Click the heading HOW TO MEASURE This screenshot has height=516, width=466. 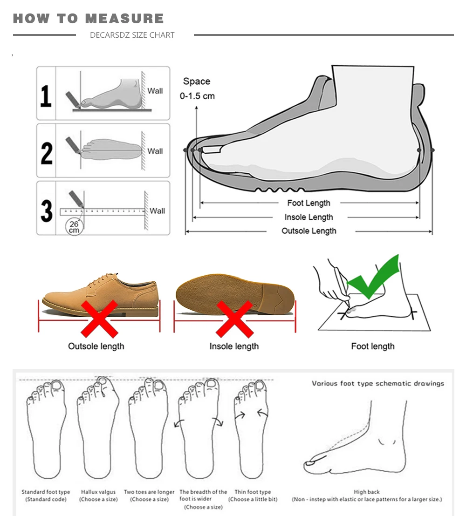[x=89, y=19]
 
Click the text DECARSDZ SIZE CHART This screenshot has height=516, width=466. [x=132, y=35]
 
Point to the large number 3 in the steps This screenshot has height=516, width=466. [x=47, y=209]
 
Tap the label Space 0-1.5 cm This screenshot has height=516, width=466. [x=197, y=88]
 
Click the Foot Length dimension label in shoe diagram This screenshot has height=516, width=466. [x=308, y=203]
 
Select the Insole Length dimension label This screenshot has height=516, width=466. [x=308, y=217]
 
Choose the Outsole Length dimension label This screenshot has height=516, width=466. [x=308, y=231]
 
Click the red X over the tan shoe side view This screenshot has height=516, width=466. [x=99, y=319]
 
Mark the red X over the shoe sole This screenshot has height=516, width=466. [x=234, y=319]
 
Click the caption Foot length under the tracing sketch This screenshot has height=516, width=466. [x=372, y=346]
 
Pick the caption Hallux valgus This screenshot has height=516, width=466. [x=98, y=492]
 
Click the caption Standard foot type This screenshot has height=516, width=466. [x=46, y=492]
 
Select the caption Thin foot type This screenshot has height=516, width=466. [x=253, y=492]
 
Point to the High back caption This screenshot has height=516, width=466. [x=367, y=492]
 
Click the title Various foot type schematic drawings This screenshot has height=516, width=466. [x=378, y=383]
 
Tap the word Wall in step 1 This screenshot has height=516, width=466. [x=155, y=91]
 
